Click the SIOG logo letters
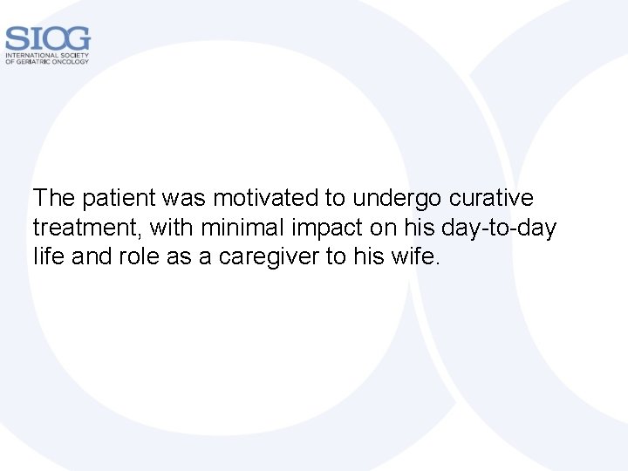47,38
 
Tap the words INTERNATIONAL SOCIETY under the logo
47,55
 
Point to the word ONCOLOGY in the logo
71,62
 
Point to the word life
47,258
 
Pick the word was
181,198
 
